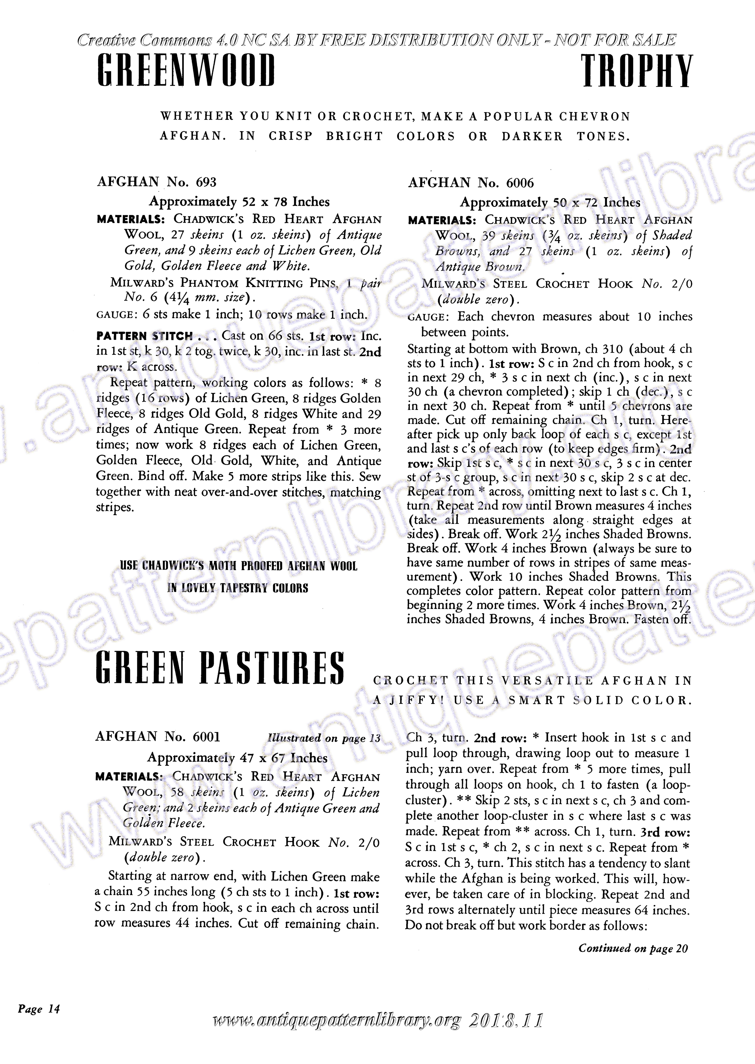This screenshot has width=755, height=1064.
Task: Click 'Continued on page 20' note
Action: pos(633,948)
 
